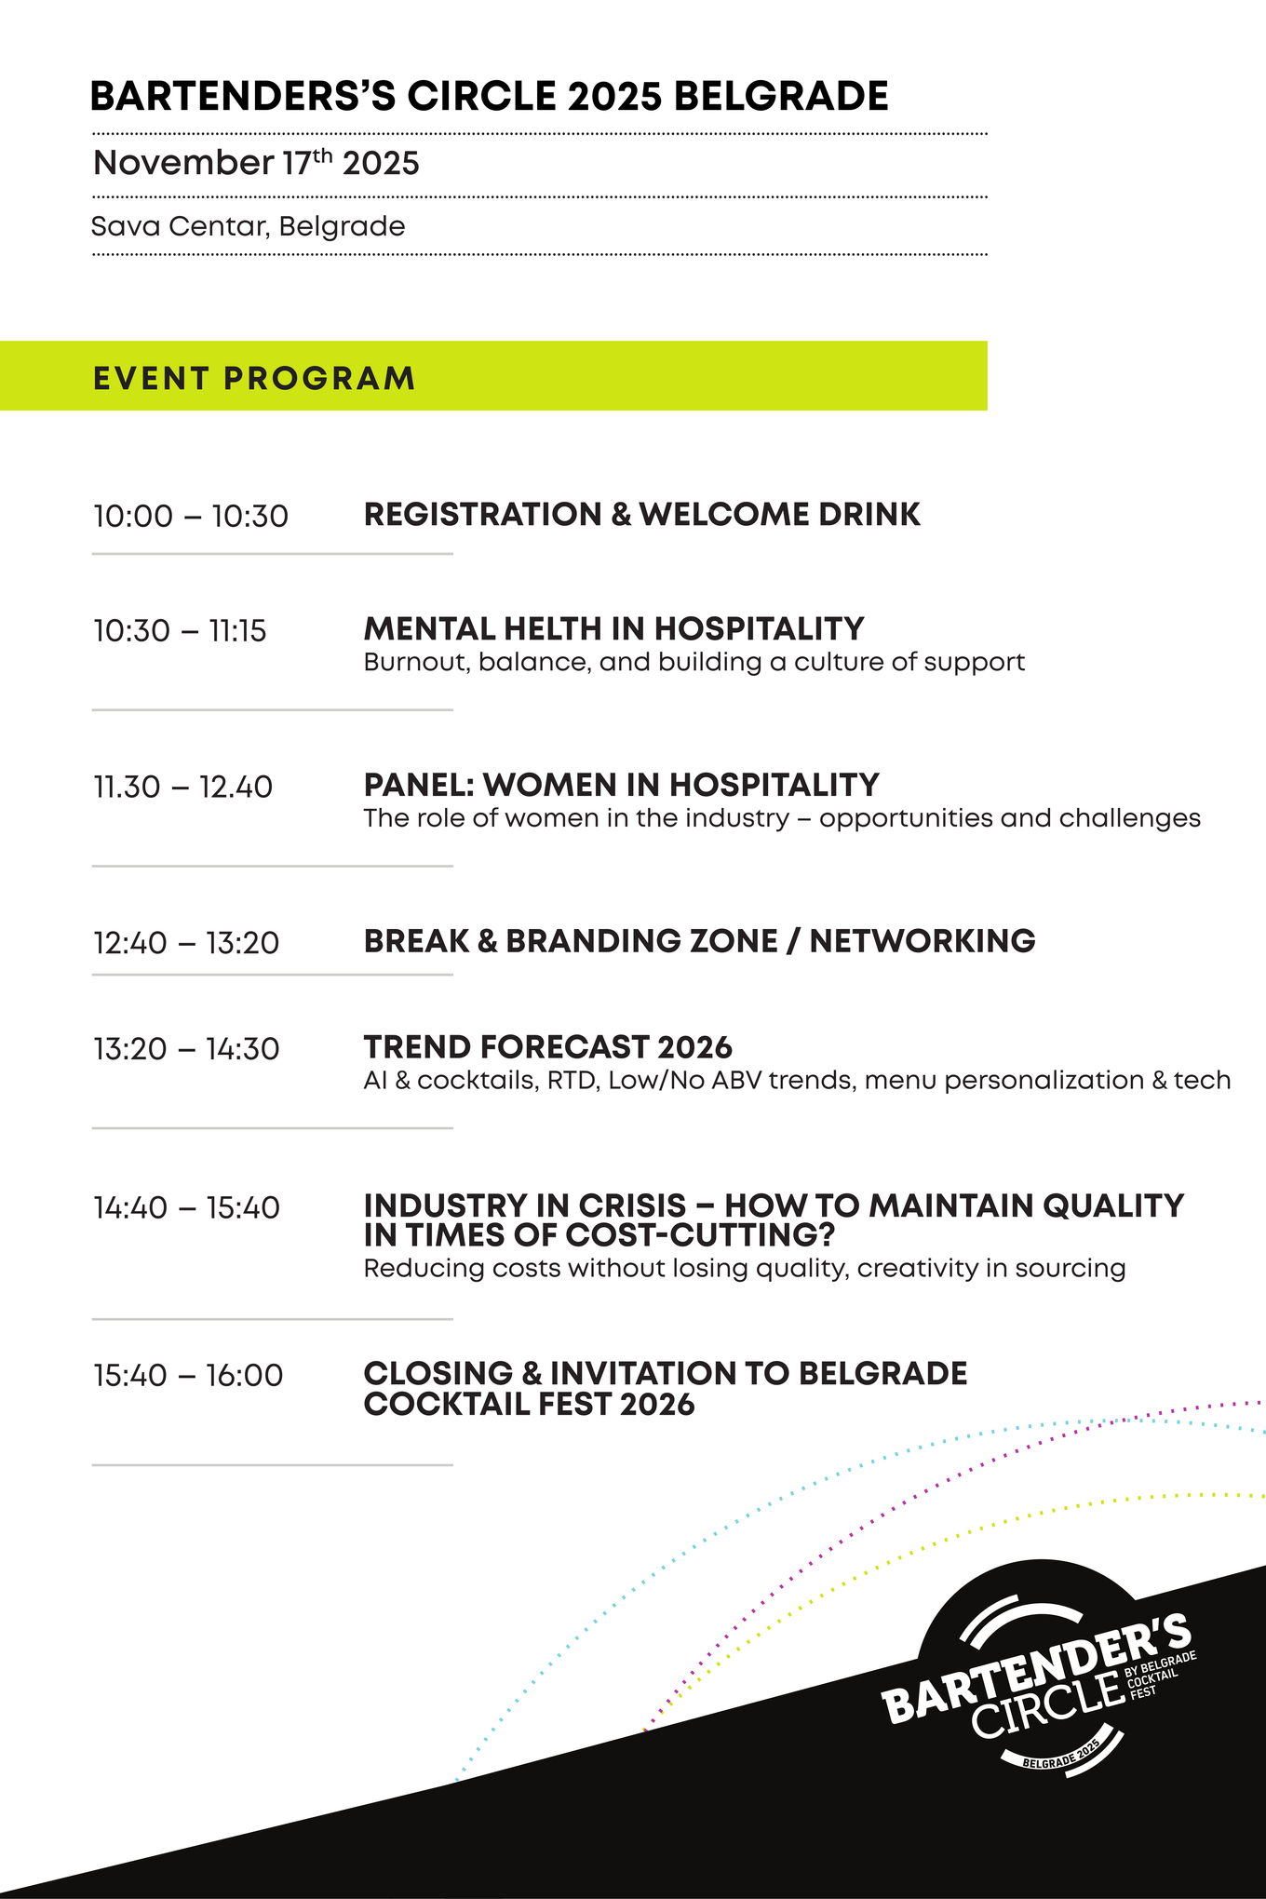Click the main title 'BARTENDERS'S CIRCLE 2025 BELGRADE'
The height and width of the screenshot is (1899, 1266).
point(490,97)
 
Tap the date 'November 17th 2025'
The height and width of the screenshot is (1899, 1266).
point(256,163)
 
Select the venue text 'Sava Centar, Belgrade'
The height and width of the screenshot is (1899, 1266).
point(249,227)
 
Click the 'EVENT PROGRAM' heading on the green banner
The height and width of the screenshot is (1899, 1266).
point(254,379)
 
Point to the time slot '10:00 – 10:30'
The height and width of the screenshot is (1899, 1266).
point(191,516)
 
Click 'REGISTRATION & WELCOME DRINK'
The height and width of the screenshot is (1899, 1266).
point(642,515)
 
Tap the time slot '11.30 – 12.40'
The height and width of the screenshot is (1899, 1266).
point(182,788)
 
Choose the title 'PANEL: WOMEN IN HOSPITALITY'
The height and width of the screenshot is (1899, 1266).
point(622,786)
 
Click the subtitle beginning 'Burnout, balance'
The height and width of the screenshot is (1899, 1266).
point(694,663)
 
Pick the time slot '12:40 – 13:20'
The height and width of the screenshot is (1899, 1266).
point(186,943)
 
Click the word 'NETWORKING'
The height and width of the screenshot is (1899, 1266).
point(923,941)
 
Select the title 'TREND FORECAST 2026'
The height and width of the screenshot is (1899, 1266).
point(548,1047)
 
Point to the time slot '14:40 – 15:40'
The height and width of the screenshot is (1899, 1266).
point(186,1208)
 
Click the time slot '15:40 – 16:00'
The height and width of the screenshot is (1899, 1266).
point(188,1376)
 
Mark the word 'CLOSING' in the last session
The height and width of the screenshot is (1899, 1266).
point(438,1374)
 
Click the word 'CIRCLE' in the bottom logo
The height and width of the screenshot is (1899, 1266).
point(1048,1704)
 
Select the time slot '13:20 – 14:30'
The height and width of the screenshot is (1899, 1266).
point(186,1049)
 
